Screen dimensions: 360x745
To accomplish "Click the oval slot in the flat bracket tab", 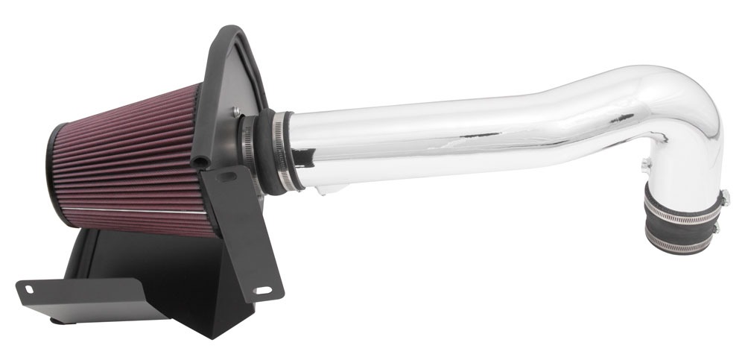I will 28,288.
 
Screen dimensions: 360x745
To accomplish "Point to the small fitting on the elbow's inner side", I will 644,162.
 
